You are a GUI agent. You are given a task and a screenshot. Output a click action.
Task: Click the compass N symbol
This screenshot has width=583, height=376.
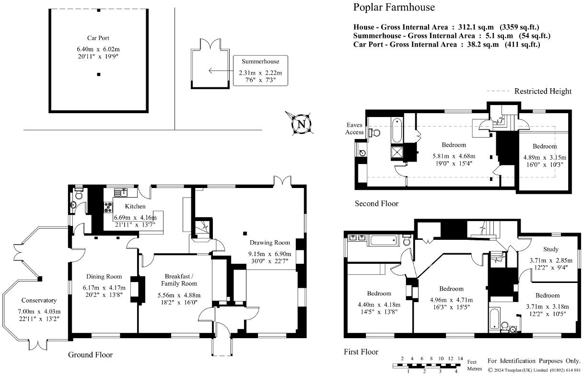tap(301, 124)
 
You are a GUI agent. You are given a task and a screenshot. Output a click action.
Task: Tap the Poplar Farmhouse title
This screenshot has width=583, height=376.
tap(394, 7)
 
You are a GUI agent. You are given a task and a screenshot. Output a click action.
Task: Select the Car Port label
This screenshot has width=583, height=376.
tap(98, 38)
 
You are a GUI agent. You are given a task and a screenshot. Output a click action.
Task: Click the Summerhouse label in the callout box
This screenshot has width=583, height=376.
tap(260, 61)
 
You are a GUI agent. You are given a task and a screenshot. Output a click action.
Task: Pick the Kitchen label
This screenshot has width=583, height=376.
tap(135, 206)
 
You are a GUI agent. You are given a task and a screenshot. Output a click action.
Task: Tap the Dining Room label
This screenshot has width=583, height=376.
tap(104, 276)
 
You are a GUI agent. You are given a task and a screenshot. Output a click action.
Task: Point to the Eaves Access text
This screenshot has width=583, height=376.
tap(355, 129)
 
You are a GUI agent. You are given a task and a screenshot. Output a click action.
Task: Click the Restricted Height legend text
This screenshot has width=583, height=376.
tap(543, 91)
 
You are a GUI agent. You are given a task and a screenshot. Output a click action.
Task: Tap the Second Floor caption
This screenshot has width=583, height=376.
tap(376, 203)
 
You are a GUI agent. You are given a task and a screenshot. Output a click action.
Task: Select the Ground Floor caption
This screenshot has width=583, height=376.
tap(90, 355)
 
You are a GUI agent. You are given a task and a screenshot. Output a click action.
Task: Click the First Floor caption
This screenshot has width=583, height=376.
tap(361, 352)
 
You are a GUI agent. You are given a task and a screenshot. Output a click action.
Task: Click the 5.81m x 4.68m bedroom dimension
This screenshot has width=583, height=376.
tap(453, 156)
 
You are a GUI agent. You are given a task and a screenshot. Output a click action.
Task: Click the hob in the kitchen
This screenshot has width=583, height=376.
tap(108, 208)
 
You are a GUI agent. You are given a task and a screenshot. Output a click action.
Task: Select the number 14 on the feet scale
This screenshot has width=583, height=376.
tap(459, 359)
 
